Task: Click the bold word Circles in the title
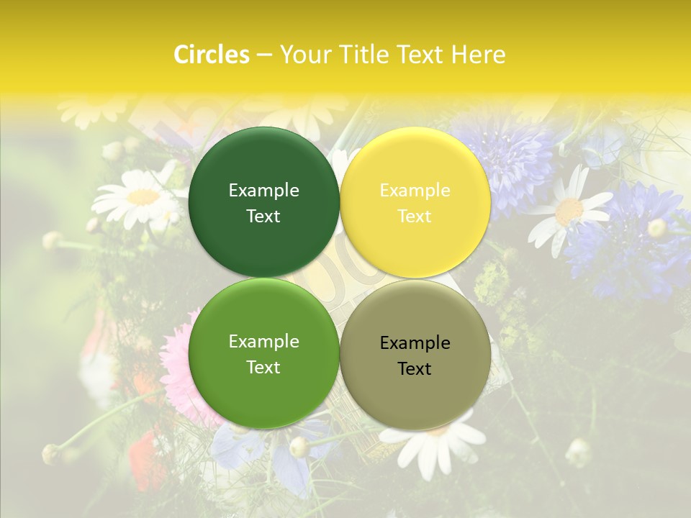point(211,55)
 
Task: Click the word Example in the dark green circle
point(263,190)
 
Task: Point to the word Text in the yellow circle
point(415,217)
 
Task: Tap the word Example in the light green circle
point(263,341)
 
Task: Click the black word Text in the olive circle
point(415,369)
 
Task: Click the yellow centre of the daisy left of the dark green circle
point(143,196)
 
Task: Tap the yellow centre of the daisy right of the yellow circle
point(569,211)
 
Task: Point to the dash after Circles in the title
point(263,55)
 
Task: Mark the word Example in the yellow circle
point(415,190)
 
